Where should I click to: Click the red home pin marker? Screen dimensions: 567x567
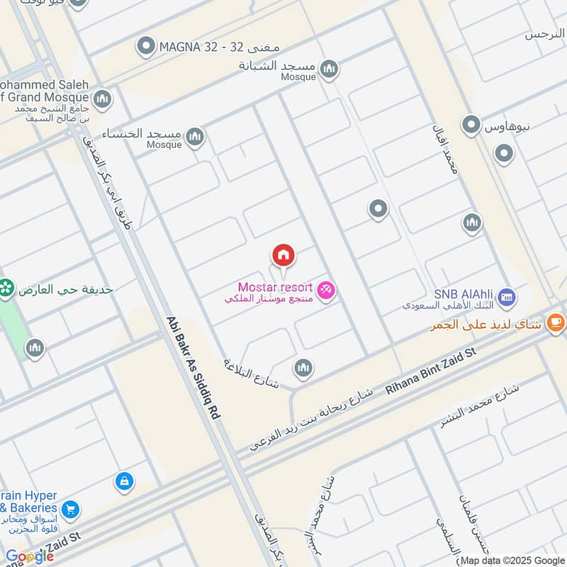click(283, 256)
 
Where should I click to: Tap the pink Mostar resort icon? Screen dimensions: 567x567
click(326, 289)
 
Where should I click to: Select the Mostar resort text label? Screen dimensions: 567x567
click(275, 287)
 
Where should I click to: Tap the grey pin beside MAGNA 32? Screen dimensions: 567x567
click(147, 47)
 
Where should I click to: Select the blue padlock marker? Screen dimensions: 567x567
click(124, 481)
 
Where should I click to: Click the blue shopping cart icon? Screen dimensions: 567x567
click(70, 509)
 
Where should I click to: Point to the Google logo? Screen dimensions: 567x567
click(28, 556)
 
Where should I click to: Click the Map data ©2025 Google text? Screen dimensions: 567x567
click(512, 559)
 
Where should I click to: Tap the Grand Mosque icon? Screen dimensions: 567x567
click(102, 98)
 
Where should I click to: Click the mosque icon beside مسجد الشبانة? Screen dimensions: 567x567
click(328, 69)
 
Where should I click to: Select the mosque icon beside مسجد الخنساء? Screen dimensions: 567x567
click(195, 136)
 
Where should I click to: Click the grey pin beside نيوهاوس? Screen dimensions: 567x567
click(471, 125)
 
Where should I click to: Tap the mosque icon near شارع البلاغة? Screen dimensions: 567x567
click(303, 367)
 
